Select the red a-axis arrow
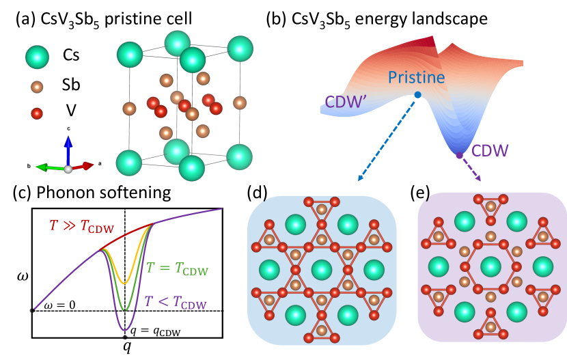click(85, 165)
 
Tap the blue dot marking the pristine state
click(417, 95)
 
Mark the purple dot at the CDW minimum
click(459, 156)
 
